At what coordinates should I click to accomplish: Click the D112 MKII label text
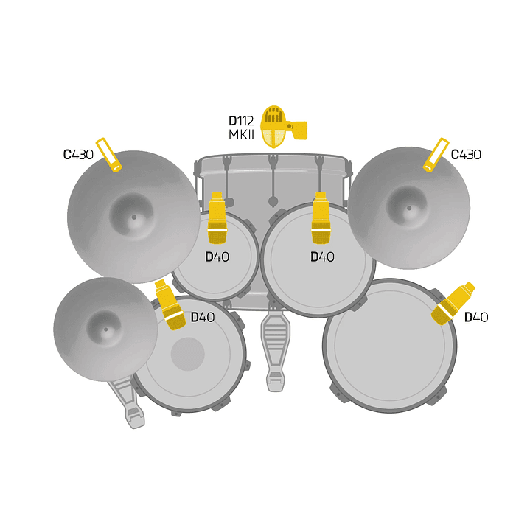click(x=241, y=128)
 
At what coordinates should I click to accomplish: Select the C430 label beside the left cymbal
click(x=78, y=155)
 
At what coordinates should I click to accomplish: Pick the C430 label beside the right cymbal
click(x=466, y=155)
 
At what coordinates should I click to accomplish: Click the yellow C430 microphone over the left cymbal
click(x=109, y=155)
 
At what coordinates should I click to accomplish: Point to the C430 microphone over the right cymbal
click(x=436, y=155)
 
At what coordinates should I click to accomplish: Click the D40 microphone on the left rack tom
click(x=217, y=218)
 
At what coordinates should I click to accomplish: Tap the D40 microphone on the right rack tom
click(x=320, y=218)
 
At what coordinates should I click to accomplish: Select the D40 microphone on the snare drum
click(x=169, y=304)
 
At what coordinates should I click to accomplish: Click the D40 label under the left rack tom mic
click(x=217, y=257)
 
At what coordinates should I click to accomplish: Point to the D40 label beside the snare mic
click(x=203, y=318)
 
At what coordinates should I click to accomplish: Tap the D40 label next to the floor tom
click(x=476, y=318)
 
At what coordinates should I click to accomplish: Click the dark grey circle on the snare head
click(x=187, y=354)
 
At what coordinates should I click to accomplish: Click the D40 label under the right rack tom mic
click(x=322, y=257)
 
